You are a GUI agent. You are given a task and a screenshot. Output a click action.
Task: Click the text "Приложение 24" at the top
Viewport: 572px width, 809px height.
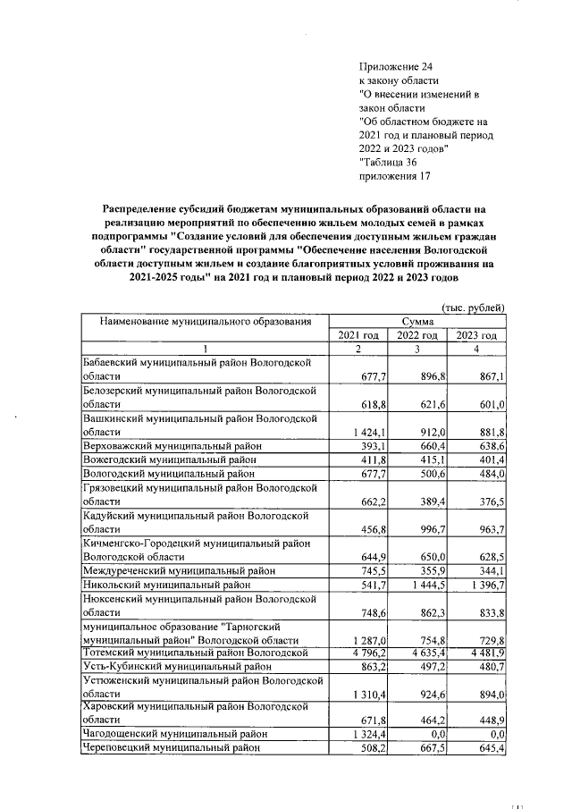(x=394, y=67)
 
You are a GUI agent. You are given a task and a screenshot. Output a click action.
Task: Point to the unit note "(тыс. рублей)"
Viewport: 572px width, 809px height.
(x=473, y=308)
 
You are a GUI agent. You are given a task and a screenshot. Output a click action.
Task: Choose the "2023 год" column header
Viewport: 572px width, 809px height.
(x=476, y=334)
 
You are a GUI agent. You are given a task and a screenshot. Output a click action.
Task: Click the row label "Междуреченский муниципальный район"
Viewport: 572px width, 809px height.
(x=179, y=570)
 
